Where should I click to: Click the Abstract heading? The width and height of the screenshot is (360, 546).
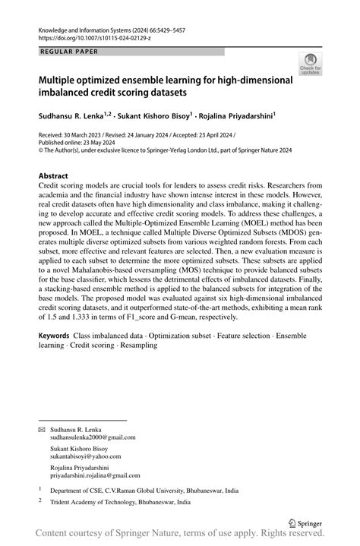click(57, 175)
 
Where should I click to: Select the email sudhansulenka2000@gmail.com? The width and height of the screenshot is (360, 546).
click(93, 437)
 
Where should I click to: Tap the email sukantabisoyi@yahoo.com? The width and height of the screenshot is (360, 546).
click(85, 456)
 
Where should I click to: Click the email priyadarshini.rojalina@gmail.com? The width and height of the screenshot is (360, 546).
click(98, 475)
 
